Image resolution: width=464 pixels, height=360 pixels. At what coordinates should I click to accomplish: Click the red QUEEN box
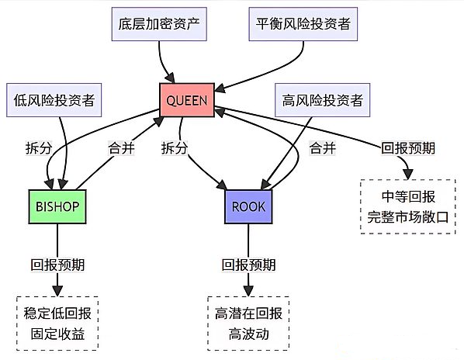(x=187, y=100)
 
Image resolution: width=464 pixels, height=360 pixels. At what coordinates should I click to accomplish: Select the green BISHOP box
(x=57, y=206)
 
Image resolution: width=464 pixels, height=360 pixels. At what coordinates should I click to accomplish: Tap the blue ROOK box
(x=248, y=206)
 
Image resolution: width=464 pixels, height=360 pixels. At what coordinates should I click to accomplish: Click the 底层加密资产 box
(x=159, y=24)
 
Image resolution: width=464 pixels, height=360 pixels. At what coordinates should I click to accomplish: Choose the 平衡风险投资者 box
(x=303, y=24)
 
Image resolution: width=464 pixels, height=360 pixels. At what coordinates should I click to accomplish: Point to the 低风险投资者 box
(x=54, y=100)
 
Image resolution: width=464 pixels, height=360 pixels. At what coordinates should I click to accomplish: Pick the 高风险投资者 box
(x=323, y=100)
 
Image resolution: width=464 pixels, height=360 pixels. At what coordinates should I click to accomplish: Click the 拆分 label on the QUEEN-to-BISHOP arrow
(x=39, y=148)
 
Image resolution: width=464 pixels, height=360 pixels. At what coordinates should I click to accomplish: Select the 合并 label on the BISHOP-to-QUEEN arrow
(x=121, y=148)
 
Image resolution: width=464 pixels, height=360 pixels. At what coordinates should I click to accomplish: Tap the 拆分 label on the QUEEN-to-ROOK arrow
(x=175, y=148)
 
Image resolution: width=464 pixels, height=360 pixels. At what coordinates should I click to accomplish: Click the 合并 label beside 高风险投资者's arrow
(x=322, y=148)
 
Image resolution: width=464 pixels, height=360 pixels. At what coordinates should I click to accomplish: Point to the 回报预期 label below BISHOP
(x=57, y=265)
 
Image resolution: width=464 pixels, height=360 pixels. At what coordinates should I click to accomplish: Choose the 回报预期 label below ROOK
(x=248, y=265)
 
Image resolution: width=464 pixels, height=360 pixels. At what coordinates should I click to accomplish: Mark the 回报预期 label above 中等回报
(x=408, y=148)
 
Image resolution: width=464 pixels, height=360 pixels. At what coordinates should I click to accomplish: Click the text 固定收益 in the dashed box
(x=57, y=334)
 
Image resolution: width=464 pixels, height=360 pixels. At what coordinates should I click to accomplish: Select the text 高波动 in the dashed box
(x=248, y=334)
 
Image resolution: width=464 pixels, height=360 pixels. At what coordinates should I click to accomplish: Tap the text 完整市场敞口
(x=408, y=217)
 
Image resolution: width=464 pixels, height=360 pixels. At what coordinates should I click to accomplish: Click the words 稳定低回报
(x=57, y=313)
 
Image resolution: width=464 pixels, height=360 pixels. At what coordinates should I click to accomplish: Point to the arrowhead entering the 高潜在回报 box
(x=248, y=291)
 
